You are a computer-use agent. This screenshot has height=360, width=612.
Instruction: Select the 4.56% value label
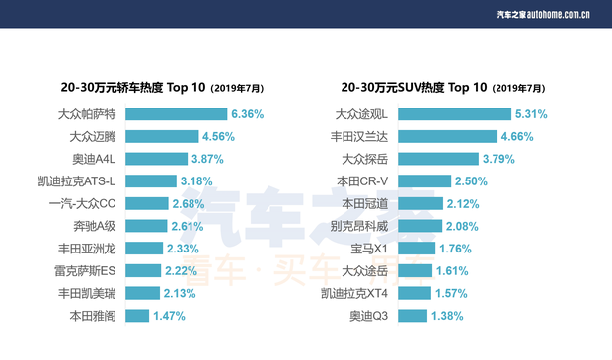[219, 136]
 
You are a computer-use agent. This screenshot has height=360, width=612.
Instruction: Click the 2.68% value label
[188, 203]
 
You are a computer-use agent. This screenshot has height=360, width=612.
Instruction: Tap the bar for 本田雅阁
[137, 316]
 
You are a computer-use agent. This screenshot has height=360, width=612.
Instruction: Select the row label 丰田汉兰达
[362, 136]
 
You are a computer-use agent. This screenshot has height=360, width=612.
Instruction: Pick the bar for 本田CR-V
[426, 180]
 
